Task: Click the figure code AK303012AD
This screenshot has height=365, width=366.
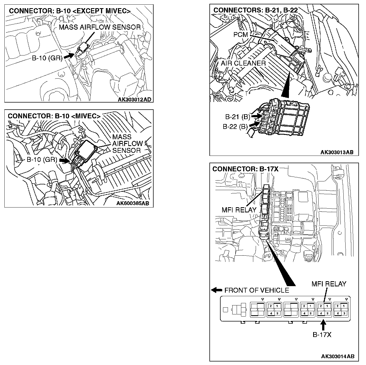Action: coord(134,100)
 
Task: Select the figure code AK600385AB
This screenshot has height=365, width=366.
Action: coord(133,204)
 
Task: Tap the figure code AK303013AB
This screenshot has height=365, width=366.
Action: coord(337,152)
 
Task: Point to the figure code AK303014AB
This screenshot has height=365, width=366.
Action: coord(338,356)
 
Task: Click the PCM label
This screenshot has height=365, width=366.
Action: coord(241,35)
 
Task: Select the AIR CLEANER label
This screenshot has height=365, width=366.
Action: coord(243,63)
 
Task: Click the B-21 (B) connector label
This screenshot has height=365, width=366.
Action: coord(237,117)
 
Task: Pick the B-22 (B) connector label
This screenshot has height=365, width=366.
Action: coord(235,126)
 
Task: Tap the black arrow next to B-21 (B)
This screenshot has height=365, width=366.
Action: coord(256,116)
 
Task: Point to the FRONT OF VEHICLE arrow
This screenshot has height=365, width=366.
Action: coord(217,290)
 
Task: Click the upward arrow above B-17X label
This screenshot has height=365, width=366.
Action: coord(323,325)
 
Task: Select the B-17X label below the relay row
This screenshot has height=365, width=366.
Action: coord(322,335)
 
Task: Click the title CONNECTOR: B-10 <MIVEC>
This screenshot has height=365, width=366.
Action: coord(54,116)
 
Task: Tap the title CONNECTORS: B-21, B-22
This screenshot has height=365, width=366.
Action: coord(255,10)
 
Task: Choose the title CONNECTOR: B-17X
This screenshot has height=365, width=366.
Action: coord(245,169)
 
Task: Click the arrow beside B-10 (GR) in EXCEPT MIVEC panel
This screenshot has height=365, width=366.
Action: coord(69,56)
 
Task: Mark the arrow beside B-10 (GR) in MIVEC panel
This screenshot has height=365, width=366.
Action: coord(64,160)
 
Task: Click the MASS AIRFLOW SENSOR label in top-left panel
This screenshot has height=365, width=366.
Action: coord(100,27)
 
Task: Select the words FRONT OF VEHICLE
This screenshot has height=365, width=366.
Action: coord(257,290)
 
